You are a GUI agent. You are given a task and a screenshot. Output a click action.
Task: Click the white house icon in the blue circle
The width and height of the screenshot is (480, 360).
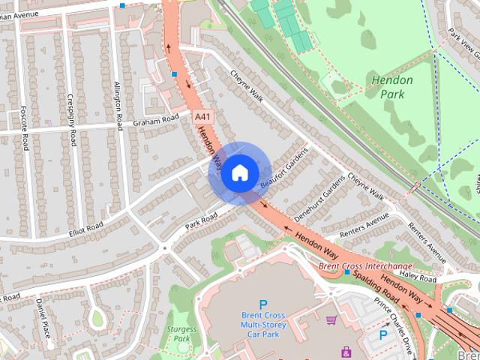pyautogui.click(x=238, y=173)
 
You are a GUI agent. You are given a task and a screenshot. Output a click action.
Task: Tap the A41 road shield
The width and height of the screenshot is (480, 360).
pyautogui.click(x=202, y=118)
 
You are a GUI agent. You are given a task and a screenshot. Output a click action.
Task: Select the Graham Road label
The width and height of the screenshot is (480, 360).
pyautogui.click(x=156, y=121)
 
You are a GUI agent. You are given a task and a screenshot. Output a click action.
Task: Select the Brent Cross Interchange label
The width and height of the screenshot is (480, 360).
pyautogui.click(x=365, y=266)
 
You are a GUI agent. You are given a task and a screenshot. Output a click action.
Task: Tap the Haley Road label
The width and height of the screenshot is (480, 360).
pyautogui.click(x=417, y=277)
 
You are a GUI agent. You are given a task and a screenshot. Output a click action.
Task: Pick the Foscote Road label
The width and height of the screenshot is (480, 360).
pyautogui.click(x=24, y=127)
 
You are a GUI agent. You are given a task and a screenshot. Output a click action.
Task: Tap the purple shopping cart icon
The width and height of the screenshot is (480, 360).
pyautogui.click(x=331, y=320)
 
